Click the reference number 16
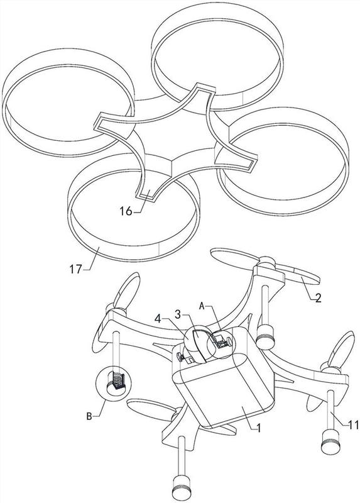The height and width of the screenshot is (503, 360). coord(126,211)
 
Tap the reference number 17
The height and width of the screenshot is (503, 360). coord(76,269)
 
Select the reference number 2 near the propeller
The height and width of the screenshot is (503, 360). coord(317,298)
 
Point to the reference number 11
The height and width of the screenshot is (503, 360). coord(354,425)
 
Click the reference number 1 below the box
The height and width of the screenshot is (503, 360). coord(259,428)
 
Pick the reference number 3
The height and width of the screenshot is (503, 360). coord(178,314)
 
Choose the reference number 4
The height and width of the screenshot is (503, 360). coord(158,319)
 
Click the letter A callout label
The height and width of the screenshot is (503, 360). coord(202,306)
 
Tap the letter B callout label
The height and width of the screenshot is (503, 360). coord(89,416)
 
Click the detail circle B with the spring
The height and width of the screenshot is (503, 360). coord(114,383)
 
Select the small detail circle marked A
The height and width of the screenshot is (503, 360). coord(221,344)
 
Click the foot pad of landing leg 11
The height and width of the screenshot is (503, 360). coord(330,442)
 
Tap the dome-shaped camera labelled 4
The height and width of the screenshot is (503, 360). coord(197,344)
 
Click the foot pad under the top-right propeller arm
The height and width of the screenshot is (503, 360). coord(265,336)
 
